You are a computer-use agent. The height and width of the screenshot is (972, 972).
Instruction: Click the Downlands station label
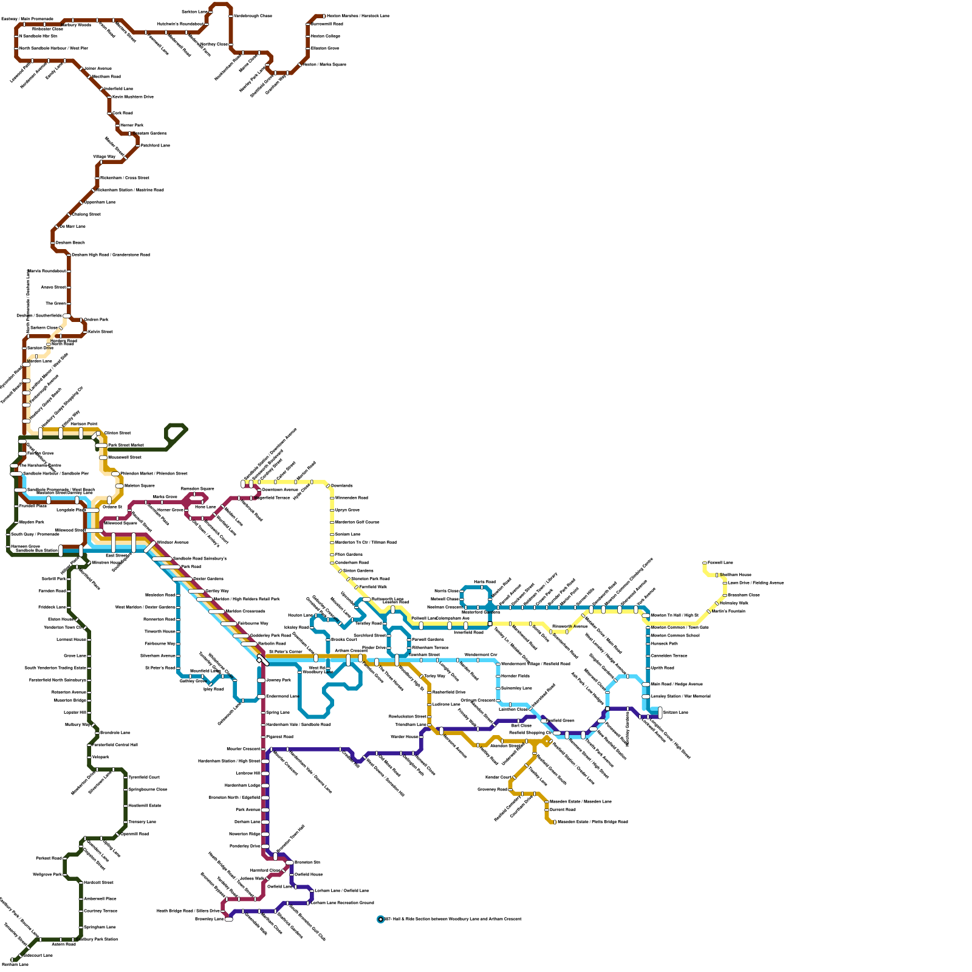click(342, 485)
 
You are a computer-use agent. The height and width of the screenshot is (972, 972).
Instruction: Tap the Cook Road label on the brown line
click(123, 113)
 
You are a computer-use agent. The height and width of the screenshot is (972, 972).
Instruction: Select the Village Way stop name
click(104, 157)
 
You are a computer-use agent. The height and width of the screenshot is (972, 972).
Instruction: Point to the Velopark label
click(101, 757)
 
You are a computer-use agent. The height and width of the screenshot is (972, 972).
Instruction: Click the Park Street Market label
click(126, 445)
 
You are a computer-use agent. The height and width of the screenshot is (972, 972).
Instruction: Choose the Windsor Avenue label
click(173, 542)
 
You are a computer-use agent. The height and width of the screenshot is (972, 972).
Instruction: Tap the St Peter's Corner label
click(286, 652)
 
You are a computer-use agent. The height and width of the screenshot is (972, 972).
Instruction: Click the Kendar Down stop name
click(498, 777)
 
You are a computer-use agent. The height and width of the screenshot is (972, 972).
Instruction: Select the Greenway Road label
click(492, 789)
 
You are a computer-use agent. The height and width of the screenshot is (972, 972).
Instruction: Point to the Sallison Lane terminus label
click(676, 712)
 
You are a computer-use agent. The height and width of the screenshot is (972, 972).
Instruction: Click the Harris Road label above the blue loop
click(484, 582)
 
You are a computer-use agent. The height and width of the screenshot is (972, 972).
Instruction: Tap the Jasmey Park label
click(279, 680)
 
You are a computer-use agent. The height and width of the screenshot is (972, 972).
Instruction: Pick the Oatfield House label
click(309, 874)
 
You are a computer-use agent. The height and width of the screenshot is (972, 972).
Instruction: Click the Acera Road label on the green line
click(63, 944)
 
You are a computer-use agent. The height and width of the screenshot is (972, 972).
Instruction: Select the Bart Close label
click(521, 725)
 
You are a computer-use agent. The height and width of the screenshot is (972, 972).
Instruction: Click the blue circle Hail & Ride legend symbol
click(381, 919)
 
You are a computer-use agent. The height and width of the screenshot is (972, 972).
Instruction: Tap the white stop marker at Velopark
click(89, 757)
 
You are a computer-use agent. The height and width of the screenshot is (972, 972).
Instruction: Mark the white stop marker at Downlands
click(328, 486)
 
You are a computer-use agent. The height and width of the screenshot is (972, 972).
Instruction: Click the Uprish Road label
click(663, 668)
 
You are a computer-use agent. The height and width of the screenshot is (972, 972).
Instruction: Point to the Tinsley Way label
click(435, 676)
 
